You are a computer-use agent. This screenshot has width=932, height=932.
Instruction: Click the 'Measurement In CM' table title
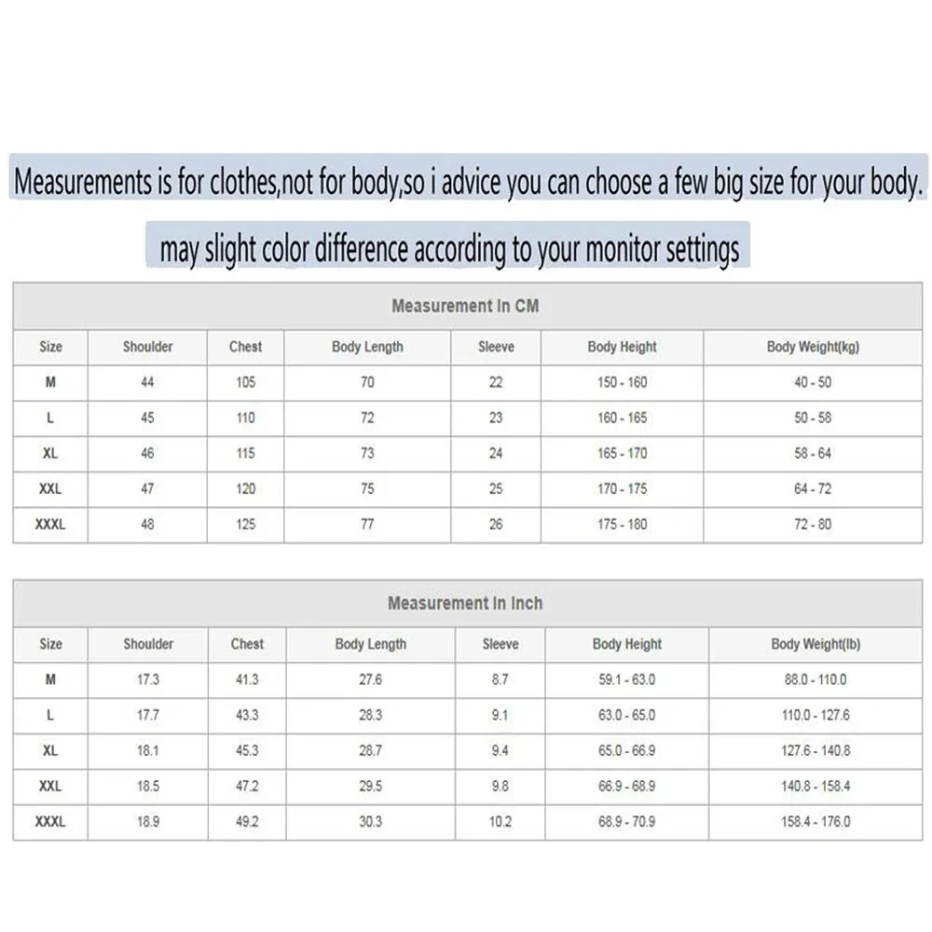tap(465, 306)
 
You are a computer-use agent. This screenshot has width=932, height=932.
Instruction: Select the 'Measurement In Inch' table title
tap(465, 603)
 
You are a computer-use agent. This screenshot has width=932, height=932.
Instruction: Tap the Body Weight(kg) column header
tap(813, 347)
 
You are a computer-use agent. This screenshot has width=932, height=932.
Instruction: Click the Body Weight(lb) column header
tap(815, 644)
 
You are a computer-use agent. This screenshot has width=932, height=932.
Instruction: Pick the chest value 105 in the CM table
tap(245, 382)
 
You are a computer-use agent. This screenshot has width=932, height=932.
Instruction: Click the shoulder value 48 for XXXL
tap(147, 525)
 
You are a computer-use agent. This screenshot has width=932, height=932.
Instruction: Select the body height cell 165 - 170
tap(622, 454)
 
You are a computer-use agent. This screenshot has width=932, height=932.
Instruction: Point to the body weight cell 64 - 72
tap(813, 489)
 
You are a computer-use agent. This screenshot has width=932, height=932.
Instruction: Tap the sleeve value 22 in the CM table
tap(496, 382)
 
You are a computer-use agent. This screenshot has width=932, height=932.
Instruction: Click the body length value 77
tap(367, 525)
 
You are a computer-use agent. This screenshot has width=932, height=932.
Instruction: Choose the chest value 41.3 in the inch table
tap(247, 679)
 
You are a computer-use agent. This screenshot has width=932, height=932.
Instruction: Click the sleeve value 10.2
tap(500, 822)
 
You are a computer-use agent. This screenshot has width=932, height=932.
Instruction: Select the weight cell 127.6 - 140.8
tap(815, 751)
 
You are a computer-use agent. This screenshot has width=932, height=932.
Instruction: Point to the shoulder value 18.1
tap(148, 751)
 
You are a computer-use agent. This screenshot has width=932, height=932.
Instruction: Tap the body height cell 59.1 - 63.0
tap(627, 679)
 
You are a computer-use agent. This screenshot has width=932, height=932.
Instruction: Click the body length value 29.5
tap(371, 787)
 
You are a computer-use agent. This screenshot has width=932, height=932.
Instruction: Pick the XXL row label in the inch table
tap(50, 787)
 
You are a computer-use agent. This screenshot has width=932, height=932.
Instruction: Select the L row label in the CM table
tap(50, 418)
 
